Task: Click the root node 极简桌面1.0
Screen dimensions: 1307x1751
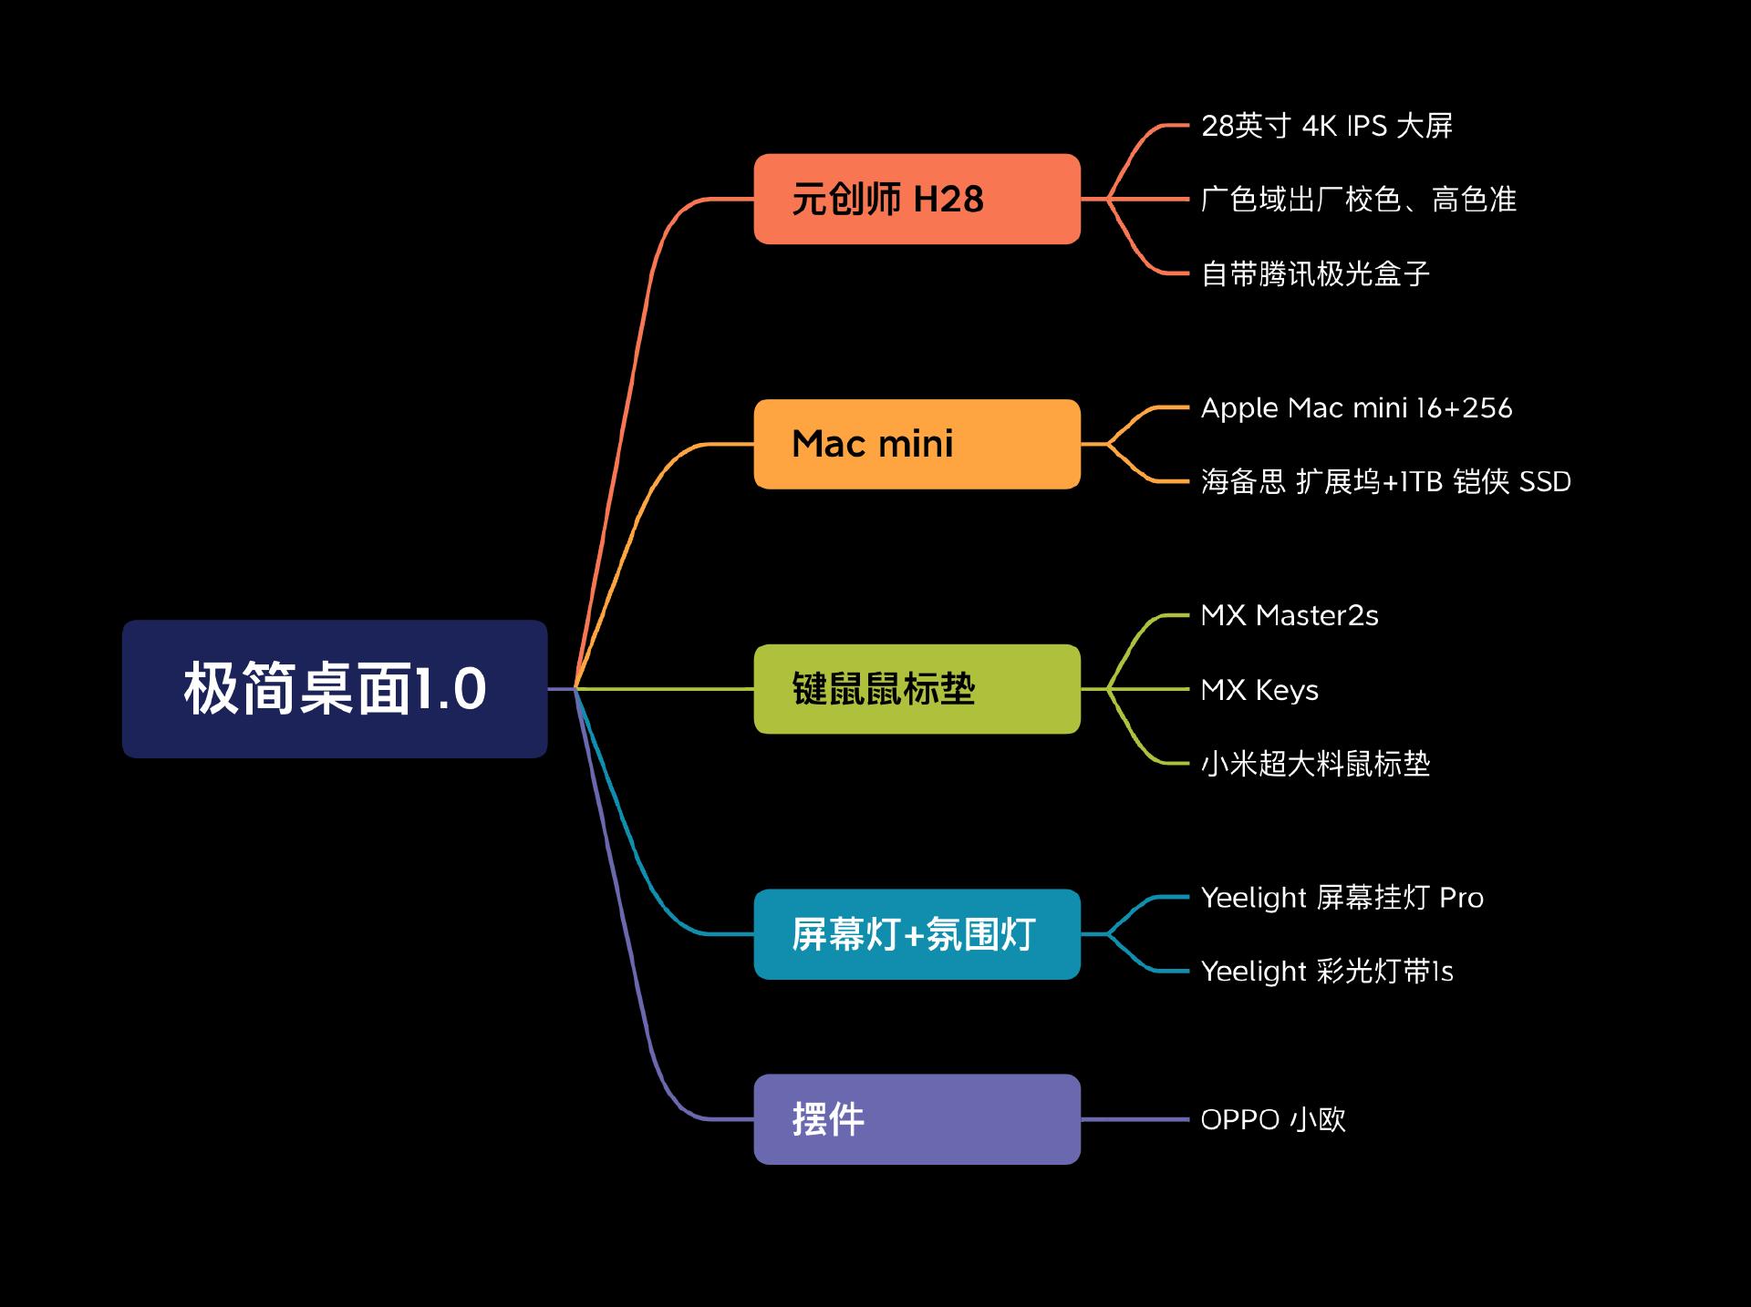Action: [335, 689]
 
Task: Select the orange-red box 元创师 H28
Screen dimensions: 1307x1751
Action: [917, 199]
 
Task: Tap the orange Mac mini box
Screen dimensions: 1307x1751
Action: [917, 444]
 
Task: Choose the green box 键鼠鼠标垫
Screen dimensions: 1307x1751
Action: [917, 689]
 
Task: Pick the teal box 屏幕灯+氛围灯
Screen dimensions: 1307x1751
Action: [917, 934]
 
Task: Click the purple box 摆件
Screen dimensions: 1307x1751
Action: [917, 1119]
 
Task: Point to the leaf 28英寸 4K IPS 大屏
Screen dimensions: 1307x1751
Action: [1326, 126]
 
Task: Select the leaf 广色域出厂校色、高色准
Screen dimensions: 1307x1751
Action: [1358, 200]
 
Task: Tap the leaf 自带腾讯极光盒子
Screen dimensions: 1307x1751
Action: [1315, 273]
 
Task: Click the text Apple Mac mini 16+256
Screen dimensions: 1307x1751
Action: [1356, 408]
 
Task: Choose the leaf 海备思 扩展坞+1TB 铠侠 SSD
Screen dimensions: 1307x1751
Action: [1385, 481]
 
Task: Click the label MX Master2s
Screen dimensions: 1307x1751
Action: [1290, 616]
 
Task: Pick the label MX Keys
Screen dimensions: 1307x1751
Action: [1259, 690]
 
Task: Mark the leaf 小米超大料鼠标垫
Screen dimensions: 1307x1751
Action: [1315, 764]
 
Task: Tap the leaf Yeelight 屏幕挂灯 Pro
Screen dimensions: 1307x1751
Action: [1342, 898]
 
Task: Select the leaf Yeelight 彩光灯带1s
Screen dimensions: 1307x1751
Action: [1326, 972]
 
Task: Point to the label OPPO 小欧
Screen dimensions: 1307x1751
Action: [1273, 1119]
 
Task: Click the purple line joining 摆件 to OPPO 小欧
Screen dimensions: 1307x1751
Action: [1135, 1119]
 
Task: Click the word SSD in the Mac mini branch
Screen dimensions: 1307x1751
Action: [1544, 481]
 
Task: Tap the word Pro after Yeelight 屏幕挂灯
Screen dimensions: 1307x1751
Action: [1461, 898]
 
